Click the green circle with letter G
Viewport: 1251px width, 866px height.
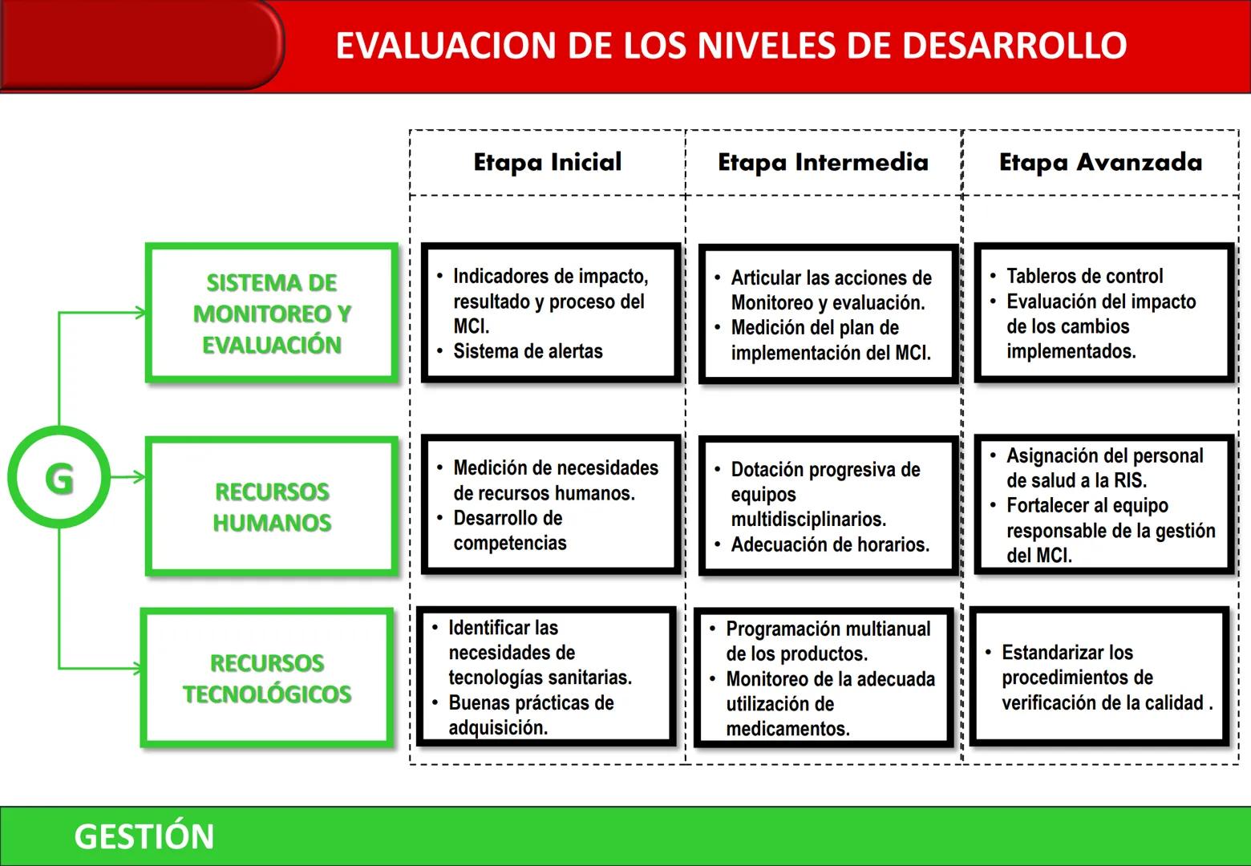click(x=59, y=477)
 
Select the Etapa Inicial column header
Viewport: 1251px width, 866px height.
click(x=548, y=162)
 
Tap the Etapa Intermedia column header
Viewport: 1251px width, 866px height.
click(x=823, y=162)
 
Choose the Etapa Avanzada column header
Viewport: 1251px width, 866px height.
click(x=1100, y=162)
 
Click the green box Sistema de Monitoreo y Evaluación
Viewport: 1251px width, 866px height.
click(x=272, y=313)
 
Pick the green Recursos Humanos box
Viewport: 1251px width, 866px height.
click(x=272, y=506)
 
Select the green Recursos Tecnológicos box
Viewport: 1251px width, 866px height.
click(x=267, y=678)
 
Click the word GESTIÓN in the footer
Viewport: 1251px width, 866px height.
click(x=144, y=836)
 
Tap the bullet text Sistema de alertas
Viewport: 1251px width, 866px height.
click(x=528, y=351)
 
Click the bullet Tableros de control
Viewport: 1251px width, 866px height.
click(x=1084, y=276)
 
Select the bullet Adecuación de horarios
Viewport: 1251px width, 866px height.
click(x=830, y=544)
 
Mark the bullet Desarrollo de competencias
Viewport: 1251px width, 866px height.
click(x=509, y=530)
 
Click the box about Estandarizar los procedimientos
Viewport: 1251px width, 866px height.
click(x=1099, y=678)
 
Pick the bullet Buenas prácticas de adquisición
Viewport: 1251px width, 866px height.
click(x=531, y=714)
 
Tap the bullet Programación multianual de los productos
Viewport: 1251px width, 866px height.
click(x=828, y=641)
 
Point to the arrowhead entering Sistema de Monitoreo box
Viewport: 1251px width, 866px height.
click(x=142, y=313)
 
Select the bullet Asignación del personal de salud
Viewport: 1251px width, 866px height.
click(x=1104, y=467)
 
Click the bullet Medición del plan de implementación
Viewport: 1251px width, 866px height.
click(x=830, y=340)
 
